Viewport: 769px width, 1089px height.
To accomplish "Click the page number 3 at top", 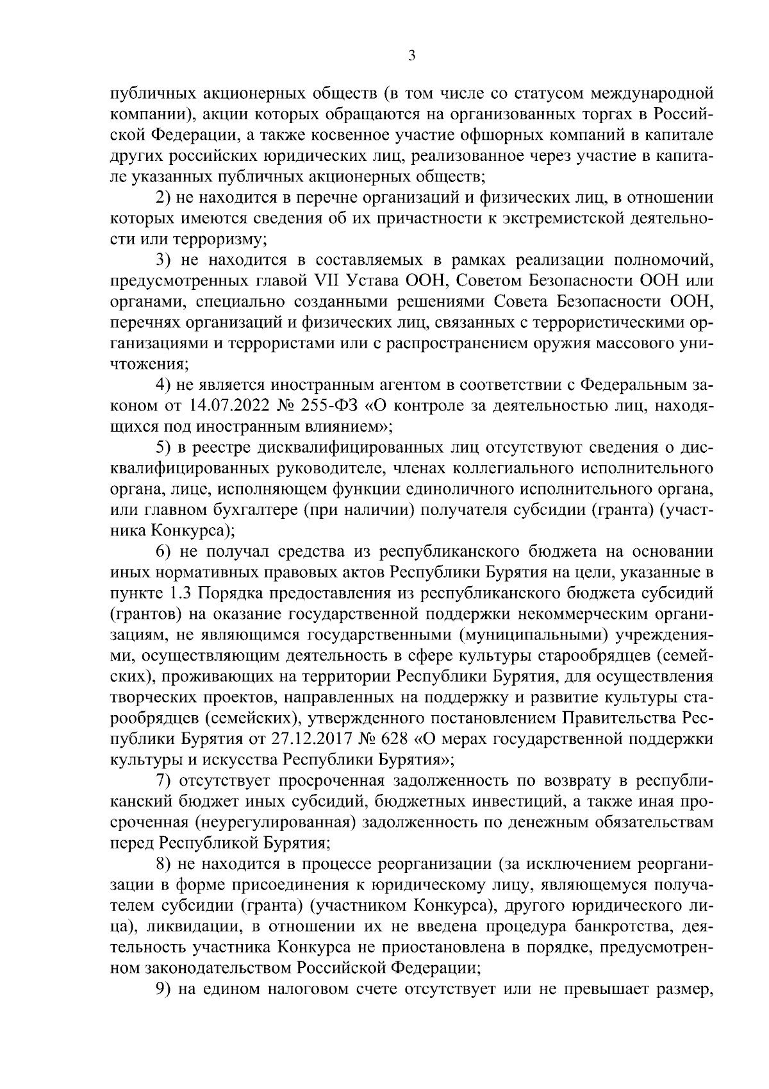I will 412,56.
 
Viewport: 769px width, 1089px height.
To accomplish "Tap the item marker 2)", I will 164,198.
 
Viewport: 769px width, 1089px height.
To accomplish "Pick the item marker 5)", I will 164,447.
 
